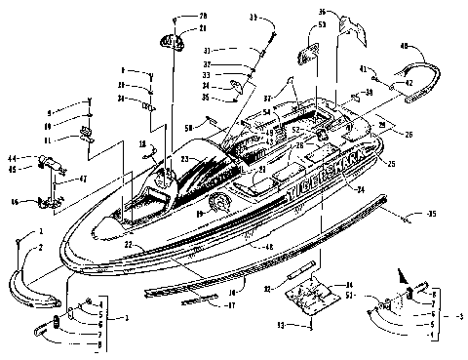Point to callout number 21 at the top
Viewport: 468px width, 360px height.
pyautogui.click(x=203, y=29)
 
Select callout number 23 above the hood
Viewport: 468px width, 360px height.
pyautogui.click(x=183, y=158)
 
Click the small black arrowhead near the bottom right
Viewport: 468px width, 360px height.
pyautogui.click(x=396, y=274)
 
